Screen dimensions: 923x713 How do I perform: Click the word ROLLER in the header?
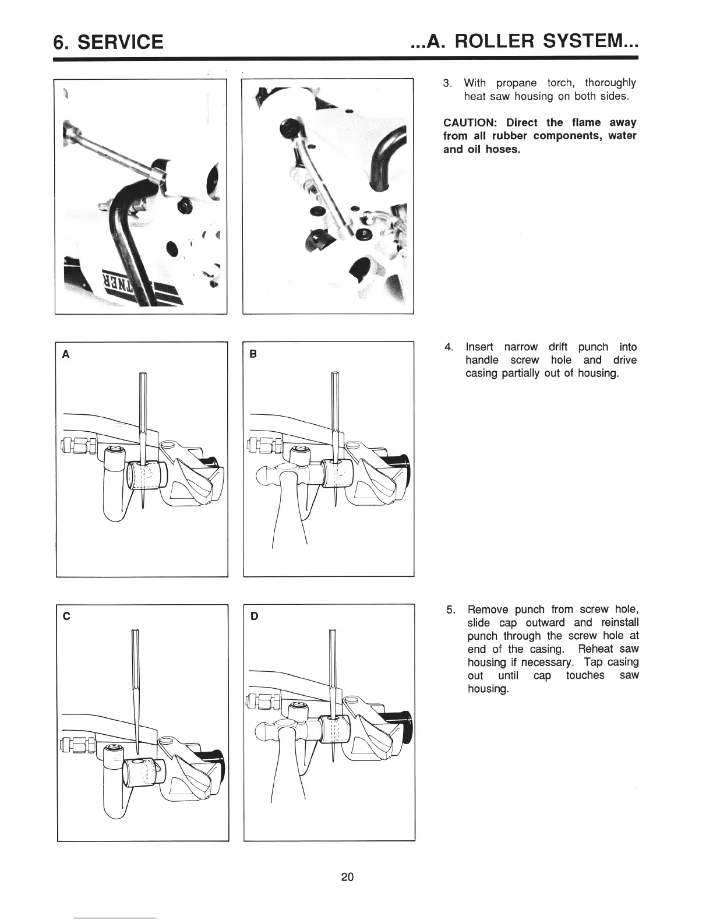(499, 41)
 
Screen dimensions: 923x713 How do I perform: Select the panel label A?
(66, 354)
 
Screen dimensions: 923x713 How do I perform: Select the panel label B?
(253, 354)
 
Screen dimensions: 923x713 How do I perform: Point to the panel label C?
(67, 616)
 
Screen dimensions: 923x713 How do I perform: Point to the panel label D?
(255, 616)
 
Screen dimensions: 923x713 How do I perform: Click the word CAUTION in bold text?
(472, 123)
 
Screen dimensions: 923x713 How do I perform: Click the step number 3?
(447, 83)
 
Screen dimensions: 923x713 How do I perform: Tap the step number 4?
(449, 347)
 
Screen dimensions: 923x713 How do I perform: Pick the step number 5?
(450, 610)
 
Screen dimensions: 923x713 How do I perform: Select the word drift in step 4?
(558, 347)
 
